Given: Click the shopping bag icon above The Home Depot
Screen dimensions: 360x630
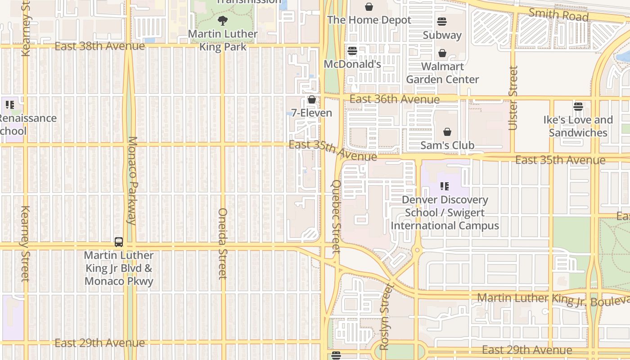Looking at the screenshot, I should [369, 7].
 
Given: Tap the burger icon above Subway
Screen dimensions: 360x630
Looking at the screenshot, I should [442, 22].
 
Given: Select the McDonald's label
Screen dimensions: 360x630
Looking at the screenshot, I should [352, 64].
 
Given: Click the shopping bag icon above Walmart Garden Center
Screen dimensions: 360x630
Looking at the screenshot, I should [442, 54].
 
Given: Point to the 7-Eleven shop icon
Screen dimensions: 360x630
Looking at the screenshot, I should [311, 99].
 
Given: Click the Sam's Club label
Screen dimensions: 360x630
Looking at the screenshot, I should [447, 145].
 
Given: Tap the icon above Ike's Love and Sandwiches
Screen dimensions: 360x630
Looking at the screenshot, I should [578, 107].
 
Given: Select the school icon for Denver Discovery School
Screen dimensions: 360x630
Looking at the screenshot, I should [445, 186].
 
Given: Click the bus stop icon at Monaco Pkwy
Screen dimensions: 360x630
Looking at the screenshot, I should [119, 242].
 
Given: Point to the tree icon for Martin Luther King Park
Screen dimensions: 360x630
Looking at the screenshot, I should [222, 20].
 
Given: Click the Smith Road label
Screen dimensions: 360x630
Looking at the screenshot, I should [558, 14].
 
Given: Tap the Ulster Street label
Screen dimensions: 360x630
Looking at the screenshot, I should [513, 98].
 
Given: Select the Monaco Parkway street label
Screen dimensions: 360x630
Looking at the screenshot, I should [132, 180].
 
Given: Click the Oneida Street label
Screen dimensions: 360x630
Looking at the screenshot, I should [223, 243].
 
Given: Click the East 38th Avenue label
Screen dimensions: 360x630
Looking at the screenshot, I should [100, 46].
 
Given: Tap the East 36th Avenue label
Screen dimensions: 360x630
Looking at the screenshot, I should [394, 99].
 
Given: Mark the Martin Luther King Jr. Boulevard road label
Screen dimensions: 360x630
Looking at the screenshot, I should [553, 299].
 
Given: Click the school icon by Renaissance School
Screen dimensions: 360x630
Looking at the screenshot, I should [9, 105].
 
